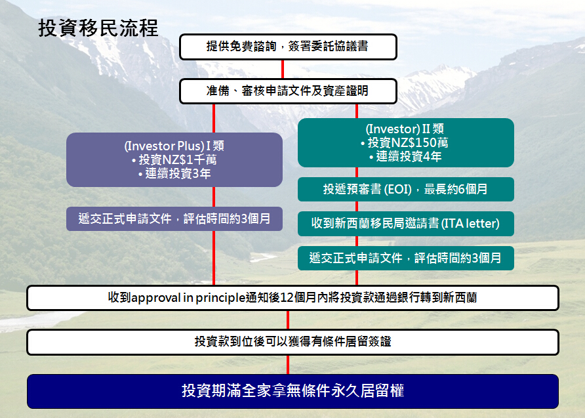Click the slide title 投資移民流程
98,28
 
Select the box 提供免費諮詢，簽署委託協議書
288,47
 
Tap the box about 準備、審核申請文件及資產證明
288,91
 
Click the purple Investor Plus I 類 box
174,159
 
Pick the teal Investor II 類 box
405,142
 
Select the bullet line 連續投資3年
174,173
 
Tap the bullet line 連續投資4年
405,156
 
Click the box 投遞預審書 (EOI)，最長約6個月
405,189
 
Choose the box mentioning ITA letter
405,224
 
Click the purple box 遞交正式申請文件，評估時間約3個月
174,219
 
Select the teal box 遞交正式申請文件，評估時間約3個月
405,258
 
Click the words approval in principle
188,298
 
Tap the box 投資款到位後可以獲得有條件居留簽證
292,342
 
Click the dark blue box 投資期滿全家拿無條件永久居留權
292,391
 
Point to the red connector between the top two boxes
283,69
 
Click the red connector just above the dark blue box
288,365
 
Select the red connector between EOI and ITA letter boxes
357,207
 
